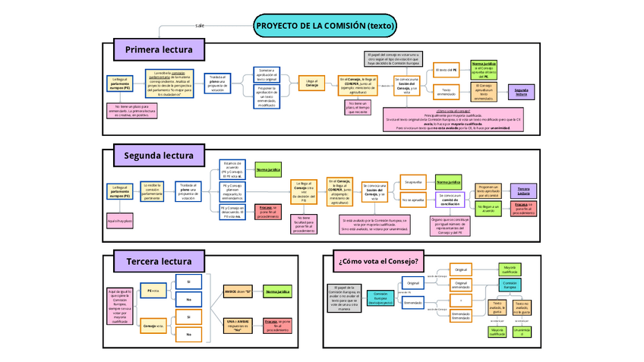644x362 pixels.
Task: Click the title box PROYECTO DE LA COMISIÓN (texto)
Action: pos(325,25)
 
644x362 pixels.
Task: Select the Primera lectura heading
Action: pos(159,50)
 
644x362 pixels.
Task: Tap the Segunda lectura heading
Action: pos(159,156)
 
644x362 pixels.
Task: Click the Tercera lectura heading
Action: pos(159,262)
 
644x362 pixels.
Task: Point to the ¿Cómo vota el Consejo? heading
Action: pos(378,262)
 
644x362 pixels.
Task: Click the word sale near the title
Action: pos(200,25)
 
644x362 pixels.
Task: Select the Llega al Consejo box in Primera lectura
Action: pos(312,83)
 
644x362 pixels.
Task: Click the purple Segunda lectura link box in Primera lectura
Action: pos(521,92)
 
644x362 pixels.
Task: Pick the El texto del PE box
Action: pos(447,71)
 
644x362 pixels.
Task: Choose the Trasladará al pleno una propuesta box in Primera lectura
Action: pos(218,83)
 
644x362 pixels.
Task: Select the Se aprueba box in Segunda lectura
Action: pos(413,182)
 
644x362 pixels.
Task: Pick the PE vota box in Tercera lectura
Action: pos(154,291)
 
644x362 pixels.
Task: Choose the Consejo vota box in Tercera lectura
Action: pos(154,326)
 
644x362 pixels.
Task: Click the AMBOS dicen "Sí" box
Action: pos(238,291)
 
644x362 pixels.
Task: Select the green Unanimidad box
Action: pos(521,332)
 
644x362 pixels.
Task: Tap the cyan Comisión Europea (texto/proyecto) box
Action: pos(382,297)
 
